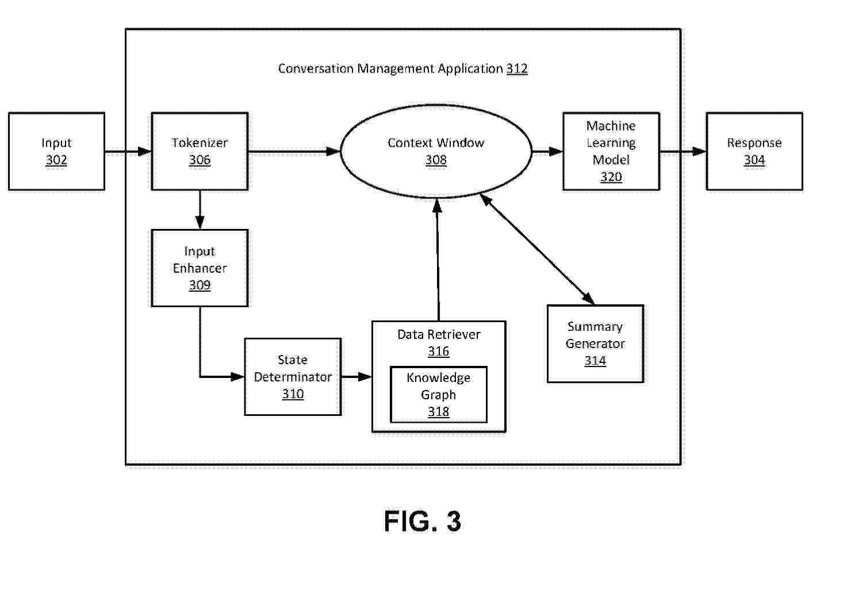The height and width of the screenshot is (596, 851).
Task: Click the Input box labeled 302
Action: (56, 151)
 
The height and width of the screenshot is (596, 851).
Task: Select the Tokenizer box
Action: (200, 151)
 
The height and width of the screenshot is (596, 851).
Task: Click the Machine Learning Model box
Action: (611, 151)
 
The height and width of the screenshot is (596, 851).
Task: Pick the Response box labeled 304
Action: (754, 151)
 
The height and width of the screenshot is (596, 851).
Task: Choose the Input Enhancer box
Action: (200, 268)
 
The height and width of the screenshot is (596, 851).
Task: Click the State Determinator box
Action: (293, 377)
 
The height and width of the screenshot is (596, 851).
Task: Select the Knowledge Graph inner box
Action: (438, 395)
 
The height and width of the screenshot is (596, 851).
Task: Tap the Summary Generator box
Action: (595, 343)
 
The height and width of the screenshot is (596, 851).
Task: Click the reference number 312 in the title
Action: (517, 69)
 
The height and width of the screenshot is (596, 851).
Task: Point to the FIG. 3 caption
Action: (423, 521)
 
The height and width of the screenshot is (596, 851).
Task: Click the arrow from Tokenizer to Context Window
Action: (294, 152)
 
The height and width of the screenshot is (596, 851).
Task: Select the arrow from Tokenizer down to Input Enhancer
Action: (200, 210)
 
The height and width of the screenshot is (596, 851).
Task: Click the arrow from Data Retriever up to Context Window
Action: (438, 260)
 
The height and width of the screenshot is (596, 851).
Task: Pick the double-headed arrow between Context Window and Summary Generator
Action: (537, 249)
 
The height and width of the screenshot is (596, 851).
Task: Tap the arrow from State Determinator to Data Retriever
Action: (356, 377)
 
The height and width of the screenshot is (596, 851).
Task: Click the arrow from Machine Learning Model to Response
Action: (683, 152)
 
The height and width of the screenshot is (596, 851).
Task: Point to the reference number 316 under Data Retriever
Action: (438, 351)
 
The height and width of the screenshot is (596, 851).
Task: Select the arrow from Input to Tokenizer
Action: (128, 152)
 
